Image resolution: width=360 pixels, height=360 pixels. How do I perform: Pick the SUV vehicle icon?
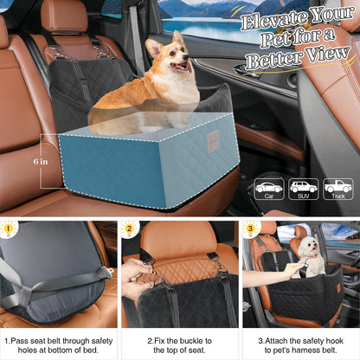303,187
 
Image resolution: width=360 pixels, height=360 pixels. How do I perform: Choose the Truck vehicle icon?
337,187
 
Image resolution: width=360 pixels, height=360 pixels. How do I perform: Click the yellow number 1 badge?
10,231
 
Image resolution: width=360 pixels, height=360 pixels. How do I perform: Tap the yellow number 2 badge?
131,231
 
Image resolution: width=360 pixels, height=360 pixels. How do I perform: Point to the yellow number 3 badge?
251,231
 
